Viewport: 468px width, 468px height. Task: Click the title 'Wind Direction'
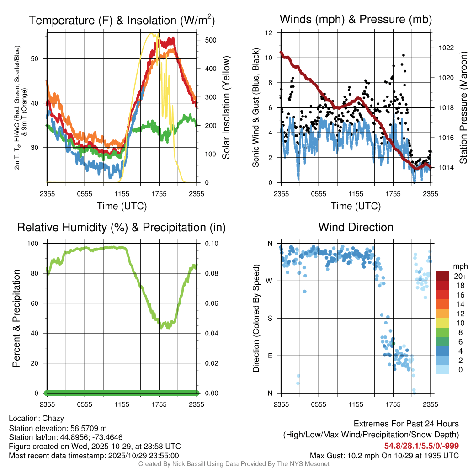tap(356, 227)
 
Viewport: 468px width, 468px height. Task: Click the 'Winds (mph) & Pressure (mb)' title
tap(356, 20)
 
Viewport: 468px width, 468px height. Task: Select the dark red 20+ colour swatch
tap(442, 277)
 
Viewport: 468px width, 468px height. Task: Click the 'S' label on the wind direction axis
tap(270, 318)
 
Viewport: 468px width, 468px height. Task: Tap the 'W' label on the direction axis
tap(270, 281)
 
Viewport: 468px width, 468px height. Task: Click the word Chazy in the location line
tap(53, 418)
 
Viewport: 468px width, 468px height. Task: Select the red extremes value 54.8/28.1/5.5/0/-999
tap(421, 446)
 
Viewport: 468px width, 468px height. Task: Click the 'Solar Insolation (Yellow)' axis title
tap(226, 108)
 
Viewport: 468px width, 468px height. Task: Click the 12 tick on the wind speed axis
tap(270, 33)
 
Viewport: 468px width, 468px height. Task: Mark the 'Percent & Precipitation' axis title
tap(16, 318)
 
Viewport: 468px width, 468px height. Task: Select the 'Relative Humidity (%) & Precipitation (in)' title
tap(121, 227)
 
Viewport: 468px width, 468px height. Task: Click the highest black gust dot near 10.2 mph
tap(404, 55)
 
